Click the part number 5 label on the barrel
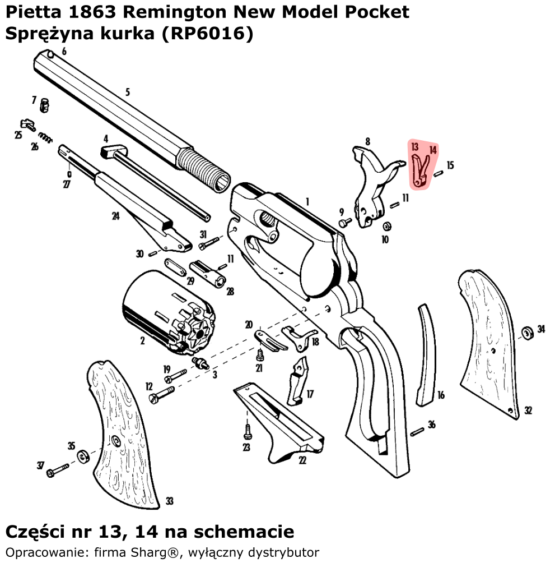point(128,92)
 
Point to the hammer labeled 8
point(372,185)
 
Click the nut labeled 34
point(526,333)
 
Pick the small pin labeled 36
point(417,431)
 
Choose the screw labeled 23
point(247,431)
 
